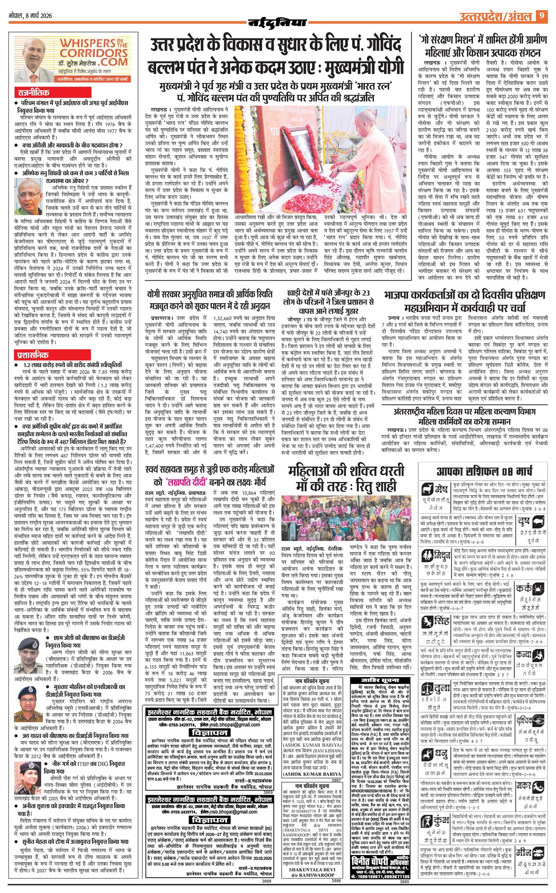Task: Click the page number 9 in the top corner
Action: (541, 16)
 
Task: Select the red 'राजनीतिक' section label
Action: (34, 92)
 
